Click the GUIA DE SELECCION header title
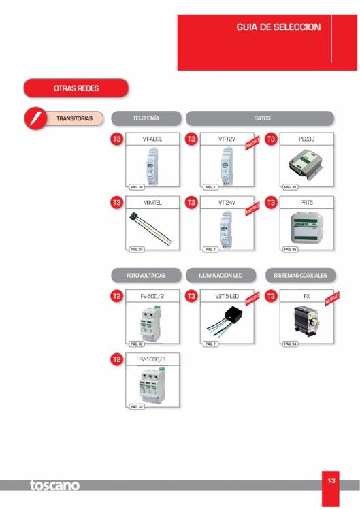[278, 27]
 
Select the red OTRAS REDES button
[76, 88]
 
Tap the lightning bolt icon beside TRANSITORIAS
[33, 118]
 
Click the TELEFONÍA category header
[146, 118]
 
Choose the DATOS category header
[261, 118]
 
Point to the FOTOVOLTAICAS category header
[146, 276]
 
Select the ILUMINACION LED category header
[223, 276]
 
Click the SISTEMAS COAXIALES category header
[300, 276]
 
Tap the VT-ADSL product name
[152, 139]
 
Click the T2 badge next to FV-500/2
[116, 296]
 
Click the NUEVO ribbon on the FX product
[331, 299]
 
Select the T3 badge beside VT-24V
[191, 202]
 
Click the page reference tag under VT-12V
[210, 186]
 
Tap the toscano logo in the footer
[54, 485]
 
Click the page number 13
[331, 481]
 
